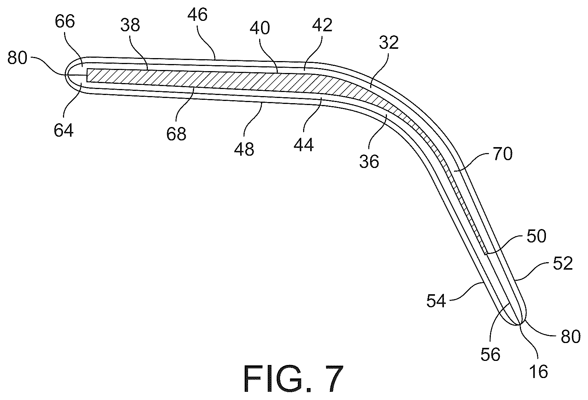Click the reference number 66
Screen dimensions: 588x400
(65, 22)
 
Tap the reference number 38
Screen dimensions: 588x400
(130, 25)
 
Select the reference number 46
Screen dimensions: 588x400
(197, 15)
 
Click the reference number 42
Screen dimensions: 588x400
(322, 25)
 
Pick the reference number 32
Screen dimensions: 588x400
(389, 42)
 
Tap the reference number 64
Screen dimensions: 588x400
(64, 130)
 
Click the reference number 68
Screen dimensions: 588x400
(176, 134)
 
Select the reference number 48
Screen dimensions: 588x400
(244, 149)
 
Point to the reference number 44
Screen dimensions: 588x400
(304, 145)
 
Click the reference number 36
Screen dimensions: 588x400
(369, 161)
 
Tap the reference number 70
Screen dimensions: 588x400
(502, 154)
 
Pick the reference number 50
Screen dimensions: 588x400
(536, 236)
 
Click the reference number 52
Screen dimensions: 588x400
(563, 264)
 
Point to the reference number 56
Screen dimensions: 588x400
(490, 355)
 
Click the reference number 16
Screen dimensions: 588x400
(539, 372)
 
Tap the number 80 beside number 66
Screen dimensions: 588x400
(18, 58)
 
